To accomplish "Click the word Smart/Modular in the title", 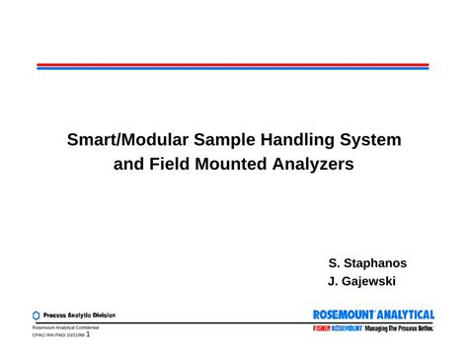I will (x=123, y=140).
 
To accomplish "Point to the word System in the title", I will (x=368, y=140).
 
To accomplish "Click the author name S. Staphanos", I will (x=367, y=263).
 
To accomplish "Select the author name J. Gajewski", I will (x=361, y=281).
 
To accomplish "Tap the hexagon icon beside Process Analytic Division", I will (x=37, y=316).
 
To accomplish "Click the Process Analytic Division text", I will (x=79, y=316).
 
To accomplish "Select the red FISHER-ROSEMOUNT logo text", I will (x=336, y=327).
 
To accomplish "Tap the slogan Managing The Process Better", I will (x=399, y=327).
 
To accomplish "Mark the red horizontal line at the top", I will (x=233, y=64).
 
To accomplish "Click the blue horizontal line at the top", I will (x=233, y=68).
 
